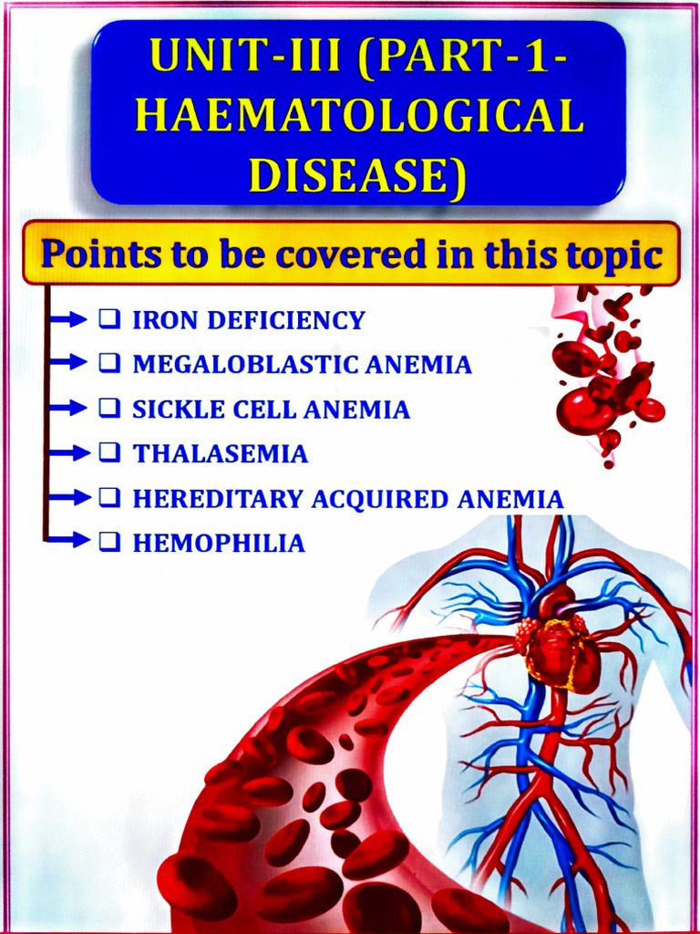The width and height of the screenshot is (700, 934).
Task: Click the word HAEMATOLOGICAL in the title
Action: click(x=363, y=118)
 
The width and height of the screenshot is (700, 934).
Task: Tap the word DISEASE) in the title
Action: click(x=357, y=174)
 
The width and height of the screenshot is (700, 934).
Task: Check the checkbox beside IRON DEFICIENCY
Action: click(x=108, y=319)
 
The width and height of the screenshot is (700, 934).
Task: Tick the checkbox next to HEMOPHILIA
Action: click(x=108, y=542)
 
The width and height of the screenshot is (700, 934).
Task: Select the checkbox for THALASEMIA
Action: click(x=108, y=452)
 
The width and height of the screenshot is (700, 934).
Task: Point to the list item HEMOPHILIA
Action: click(x=219, y=544)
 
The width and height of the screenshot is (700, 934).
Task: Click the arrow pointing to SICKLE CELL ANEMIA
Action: click(x=70, y=408)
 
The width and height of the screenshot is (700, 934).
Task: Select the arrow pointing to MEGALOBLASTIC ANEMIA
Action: click(x=70, y=363)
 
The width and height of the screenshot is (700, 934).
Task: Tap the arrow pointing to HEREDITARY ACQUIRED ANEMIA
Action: click(x=70, y=497)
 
